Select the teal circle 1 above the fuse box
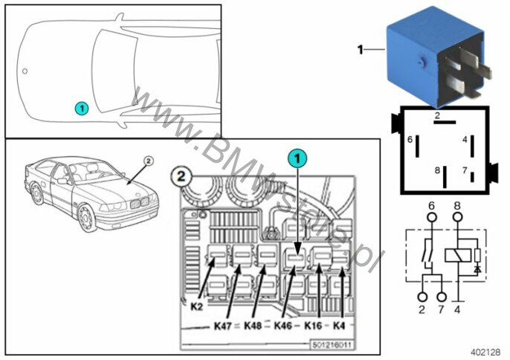tap(297, 158)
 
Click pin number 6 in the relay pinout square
tap(410, 139)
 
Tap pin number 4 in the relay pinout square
tap(464, 139)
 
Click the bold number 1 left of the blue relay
tap(361, 51)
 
